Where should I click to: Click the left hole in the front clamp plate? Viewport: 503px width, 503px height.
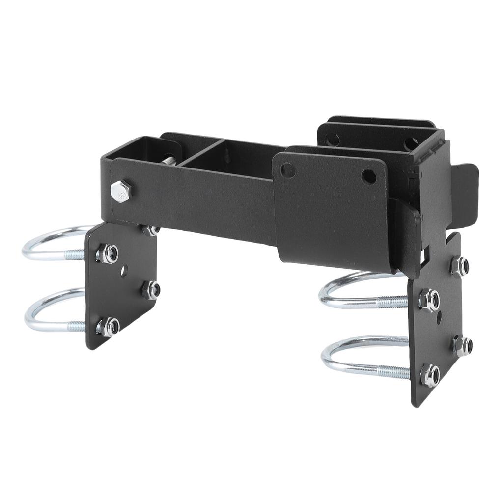[x=288, y=170]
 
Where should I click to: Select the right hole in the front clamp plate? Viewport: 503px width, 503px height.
[x=368, y=176]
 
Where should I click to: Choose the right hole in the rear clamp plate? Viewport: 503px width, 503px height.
[x=411, y=144]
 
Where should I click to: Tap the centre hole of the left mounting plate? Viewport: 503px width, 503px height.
[x=125, y=269]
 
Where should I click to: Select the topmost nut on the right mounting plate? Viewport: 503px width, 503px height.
[x=459, y=266]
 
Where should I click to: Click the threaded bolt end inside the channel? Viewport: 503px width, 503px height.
[x=168, y=160]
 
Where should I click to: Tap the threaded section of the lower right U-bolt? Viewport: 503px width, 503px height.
[x=393, y=372]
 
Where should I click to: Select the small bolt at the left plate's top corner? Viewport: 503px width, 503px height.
[x=150, y=230]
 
